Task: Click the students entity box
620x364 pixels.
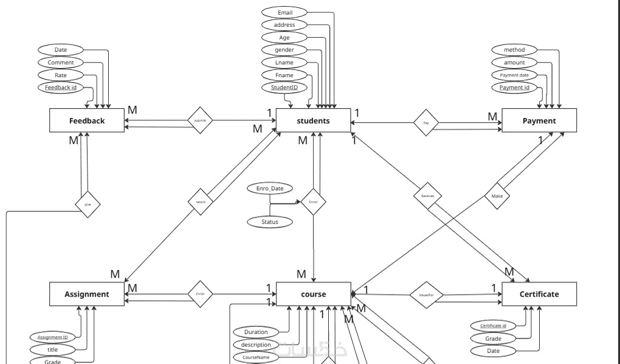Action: pos(314,120)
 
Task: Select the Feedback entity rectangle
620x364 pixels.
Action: pos(87,120)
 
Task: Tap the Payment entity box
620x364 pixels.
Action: pos(539,120)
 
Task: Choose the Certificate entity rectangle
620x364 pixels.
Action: pos(539,294)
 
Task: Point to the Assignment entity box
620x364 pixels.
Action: pos(87,294)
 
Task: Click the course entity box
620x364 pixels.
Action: pos(314,294)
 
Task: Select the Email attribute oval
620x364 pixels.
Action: pos(284,12)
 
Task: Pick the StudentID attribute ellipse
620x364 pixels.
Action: pos(284,88)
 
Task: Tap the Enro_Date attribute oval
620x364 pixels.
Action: pos(270,189)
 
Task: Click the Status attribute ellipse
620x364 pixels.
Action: pos(270,222)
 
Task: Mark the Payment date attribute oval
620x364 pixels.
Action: pos(514,75)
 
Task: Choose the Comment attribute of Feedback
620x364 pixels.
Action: pos(61,63)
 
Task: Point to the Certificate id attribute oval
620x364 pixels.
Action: pos(493,326)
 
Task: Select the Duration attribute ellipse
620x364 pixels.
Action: pos(256,332)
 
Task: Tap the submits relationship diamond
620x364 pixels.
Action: pos(200,120)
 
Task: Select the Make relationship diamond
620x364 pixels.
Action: pos(497,196)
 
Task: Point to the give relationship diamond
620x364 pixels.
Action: pos(88,205)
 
